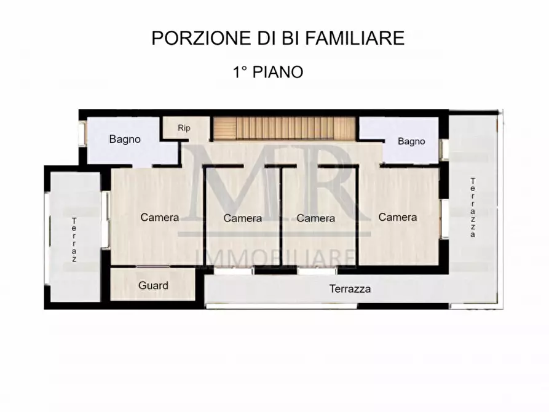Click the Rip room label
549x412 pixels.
[x=183, y=128]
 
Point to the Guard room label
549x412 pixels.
[x=153, y=285]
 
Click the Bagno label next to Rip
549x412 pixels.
[x=125, y=139]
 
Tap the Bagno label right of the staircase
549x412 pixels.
[x=411, y=141]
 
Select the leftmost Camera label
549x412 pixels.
[x=160, y=217]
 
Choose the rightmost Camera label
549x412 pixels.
[x=398, y=217]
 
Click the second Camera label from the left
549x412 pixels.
[x=243, y=218]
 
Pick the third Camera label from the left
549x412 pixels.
[x=315, y=218]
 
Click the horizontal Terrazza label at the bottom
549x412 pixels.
[x=350, y=288]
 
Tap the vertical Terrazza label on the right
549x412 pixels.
[x=473, y=207]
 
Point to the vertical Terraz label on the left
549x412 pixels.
[x=74, y=240]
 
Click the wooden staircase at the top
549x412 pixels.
[x=285, y=129]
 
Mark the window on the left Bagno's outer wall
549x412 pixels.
[x=82, y=135]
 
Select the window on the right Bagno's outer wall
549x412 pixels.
[x=442, y=150]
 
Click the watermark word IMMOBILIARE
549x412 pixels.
[x=275, y=258]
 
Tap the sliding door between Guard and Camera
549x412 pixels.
[x=154, y=266]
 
